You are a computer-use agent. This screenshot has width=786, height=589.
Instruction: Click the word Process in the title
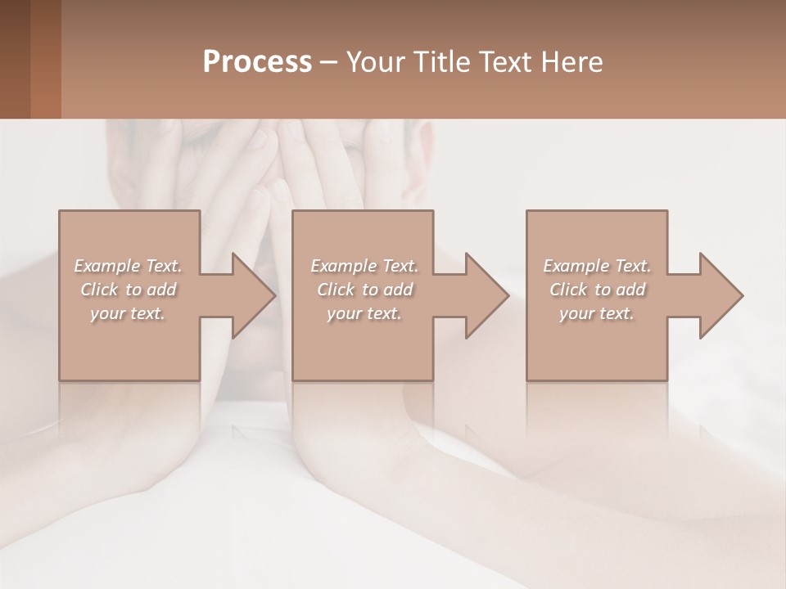pyautogui.click(x=257, y=62)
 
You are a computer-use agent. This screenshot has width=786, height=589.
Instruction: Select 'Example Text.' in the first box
pyautogui.click(x=128, y=266)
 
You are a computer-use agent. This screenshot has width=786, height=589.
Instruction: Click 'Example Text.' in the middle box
pyautogui.click(x=364, y=266)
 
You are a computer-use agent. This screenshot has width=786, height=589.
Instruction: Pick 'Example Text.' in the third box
pyautogui.click(x=597, y=266)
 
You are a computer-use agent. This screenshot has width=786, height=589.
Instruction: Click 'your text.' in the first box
pyautogui.click(x=128, y=313)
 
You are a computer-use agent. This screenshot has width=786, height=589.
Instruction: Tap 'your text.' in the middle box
pyautogui.click(x=364, y=313)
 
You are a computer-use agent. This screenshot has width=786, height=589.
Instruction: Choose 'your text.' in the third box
pyautogui.click(x=597, y=313)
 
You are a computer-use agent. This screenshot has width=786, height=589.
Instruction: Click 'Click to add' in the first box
pyautogui.click(x=128, y=290)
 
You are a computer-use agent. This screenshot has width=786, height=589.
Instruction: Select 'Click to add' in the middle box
pyautogui.click(x=364, y=290)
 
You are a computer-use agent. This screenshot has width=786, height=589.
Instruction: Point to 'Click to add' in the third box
pyautogui.click(x=597, y=290)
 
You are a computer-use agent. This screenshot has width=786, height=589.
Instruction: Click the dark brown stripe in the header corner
pyautogui.click(x=15, y=59)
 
